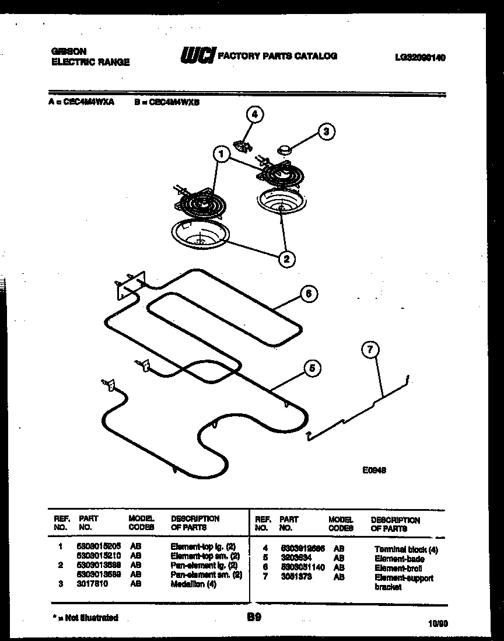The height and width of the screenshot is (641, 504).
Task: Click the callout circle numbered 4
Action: click(254, 115)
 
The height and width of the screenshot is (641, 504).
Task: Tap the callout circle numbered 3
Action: click(326, 132)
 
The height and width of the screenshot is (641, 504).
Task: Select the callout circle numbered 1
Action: click(220, 155)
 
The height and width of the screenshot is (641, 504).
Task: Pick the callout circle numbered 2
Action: click(286, 258)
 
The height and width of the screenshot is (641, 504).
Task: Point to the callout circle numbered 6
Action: click(309, 294)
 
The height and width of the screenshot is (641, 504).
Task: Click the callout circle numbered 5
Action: click(311, 368)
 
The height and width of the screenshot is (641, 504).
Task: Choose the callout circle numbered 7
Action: click(370, 350)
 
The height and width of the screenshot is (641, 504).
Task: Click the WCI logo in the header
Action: click(198, 55)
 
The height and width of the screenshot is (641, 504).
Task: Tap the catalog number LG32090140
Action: click(420, 57)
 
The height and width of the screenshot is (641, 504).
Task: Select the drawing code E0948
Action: click(374, 469)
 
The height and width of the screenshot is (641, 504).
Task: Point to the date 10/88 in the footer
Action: click(438, 623)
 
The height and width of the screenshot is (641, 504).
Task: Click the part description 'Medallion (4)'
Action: click(193, 584)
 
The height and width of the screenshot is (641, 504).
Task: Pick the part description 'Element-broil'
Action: click(398, 568)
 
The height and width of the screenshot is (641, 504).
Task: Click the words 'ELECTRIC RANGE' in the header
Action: click(91, 62)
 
